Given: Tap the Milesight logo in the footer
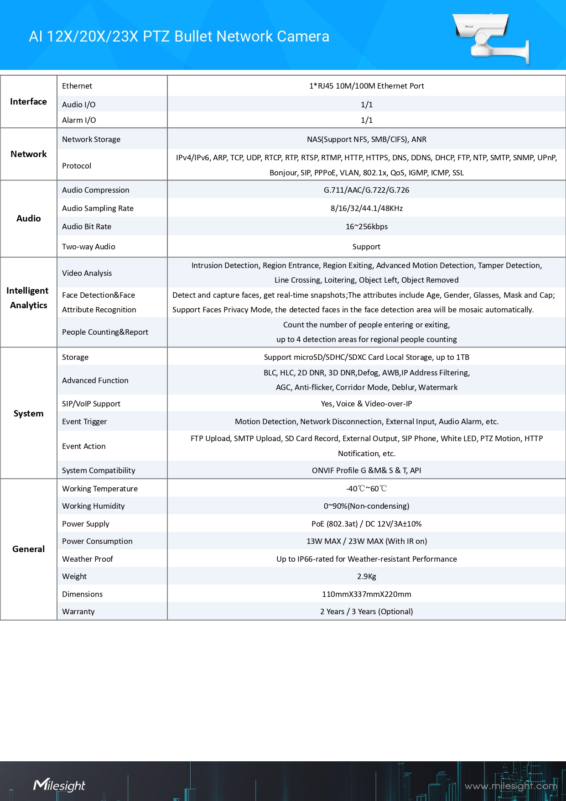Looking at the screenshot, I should (59, 785).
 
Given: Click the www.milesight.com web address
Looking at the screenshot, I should (511, 786).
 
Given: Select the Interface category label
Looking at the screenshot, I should (28, 101).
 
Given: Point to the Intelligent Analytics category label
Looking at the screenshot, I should (28, 298).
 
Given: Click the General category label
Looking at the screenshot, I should (28, 549).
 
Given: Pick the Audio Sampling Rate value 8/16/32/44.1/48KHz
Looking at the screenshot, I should (366, 208).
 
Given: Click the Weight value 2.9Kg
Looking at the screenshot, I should (366, 576).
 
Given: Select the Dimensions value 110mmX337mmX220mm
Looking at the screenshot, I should (366, 594).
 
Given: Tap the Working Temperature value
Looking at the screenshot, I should (366, 489).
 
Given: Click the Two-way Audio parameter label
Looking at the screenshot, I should (88, 247).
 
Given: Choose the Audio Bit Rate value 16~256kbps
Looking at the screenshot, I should (366, 227).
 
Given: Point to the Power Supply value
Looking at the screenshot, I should (366, 524).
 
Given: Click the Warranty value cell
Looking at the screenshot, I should (366, 611).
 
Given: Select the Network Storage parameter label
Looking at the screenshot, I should (91, 139).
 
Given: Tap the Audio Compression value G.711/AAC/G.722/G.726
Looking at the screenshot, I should (366, 190).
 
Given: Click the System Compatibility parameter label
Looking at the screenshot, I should (99, 470).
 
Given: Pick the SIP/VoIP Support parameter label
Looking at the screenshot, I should (91, 404).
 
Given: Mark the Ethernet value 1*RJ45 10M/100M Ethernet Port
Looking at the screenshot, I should (366, 86).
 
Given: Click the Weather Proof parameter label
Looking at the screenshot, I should (88, 559).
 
